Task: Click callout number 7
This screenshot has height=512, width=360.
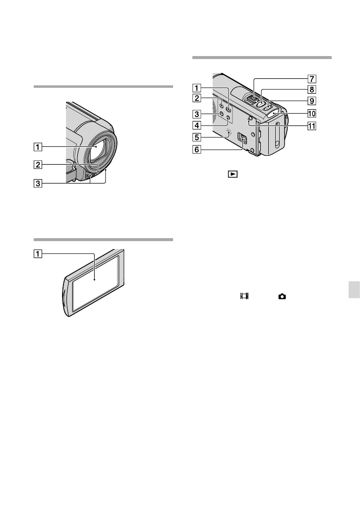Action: click(312, 78)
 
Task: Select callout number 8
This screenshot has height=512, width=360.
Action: click(312, 90)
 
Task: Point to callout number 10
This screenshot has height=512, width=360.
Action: click(312, 113)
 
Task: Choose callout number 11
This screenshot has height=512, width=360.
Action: click(312, 125)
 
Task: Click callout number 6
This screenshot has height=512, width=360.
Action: click(197, 149)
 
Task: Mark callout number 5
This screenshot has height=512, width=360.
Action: click(197, 137)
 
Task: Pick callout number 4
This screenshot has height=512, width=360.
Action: click(197, 125)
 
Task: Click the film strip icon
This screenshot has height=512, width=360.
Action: click(243, 296)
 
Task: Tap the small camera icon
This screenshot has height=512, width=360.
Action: click(282, 296)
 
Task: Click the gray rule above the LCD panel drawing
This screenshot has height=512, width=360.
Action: click(103, 239)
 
